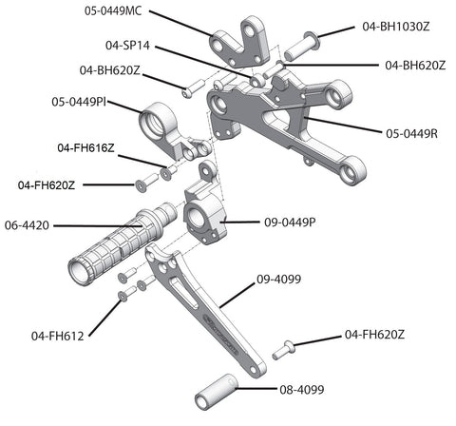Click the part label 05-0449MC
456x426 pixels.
(x=113, y=11)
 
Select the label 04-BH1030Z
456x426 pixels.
(x=396, y=27)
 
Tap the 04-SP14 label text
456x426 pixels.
(x=127, y=46)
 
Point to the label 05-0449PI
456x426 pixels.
(x=79, y=102)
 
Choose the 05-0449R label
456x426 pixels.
(x=412, y=134)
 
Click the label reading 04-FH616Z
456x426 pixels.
(x=85, y=148)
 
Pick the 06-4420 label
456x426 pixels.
(x=27, y=225)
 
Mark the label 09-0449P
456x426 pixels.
(x=290, y=223)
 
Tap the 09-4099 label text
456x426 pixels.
(x=279, y=280)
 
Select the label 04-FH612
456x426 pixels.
(x=58, y=336)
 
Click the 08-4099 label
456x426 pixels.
(x=302, y=390)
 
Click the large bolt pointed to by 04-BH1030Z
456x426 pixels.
(x=302, y=47)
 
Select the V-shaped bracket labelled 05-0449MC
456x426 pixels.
(x=239, y=43)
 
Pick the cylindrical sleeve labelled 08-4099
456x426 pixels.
(x=216, y=393)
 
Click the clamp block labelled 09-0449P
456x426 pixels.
(x=206, y=211)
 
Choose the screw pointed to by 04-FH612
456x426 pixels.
(x=126, y=293)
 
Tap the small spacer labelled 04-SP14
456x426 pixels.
(x=257, y=80)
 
